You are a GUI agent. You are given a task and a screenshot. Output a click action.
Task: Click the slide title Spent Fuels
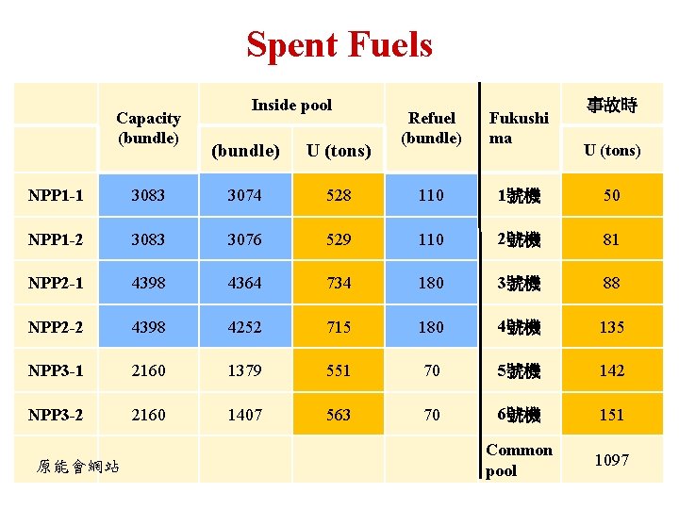point(339,44)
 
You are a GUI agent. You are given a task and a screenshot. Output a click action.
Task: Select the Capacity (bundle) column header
point(148,128)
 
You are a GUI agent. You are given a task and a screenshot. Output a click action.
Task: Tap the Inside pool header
point(291,106)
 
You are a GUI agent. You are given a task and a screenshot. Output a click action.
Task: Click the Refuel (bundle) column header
point(431,128)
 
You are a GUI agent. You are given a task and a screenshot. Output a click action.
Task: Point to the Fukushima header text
point(518,128)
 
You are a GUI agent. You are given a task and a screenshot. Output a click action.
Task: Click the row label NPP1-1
point(56,195)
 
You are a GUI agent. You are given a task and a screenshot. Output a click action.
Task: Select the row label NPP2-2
point(56,327)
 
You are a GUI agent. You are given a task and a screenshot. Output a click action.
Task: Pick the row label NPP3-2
point(56,415)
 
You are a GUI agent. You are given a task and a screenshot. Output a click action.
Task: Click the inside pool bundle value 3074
point(245,195)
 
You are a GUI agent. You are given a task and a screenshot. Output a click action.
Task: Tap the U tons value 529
point(339,239)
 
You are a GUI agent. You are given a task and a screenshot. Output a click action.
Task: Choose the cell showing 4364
point(245,283)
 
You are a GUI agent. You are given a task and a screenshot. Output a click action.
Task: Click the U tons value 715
point(339,327)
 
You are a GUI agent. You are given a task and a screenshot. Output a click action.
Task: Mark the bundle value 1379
point(245,370)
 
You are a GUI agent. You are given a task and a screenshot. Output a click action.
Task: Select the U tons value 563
point(339,415)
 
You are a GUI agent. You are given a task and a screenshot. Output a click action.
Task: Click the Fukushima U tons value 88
point(611,283)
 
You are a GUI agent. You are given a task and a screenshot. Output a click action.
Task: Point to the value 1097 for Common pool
point(611,460)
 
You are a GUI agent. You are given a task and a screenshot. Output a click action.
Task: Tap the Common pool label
point(519,460)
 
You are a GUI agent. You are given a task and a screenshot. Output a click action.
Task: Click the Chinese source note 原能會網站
point(78,466)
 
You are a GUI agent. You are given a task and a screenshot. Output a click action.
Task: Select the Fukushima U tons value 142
point(611,370)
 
